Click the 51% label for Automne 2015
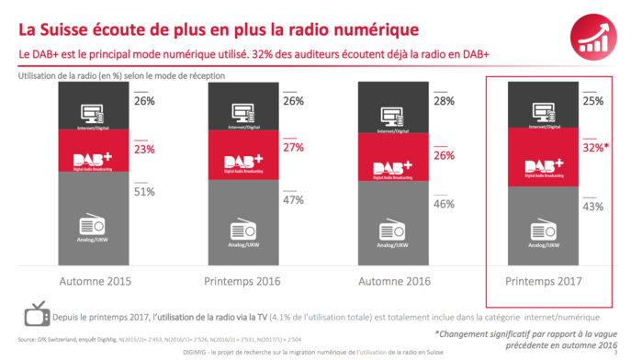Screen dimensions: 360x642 pos(143,192)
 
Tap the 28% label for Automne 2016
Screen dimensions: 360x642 pos(444,101)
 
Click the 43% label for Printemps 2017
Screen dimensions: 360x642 pos(593,207)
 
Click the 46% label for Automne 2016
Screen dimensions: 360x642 pos(444,204)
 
